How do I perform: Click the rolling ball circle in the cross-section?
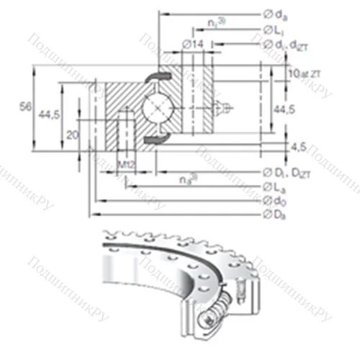click(x=157, y=107)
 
